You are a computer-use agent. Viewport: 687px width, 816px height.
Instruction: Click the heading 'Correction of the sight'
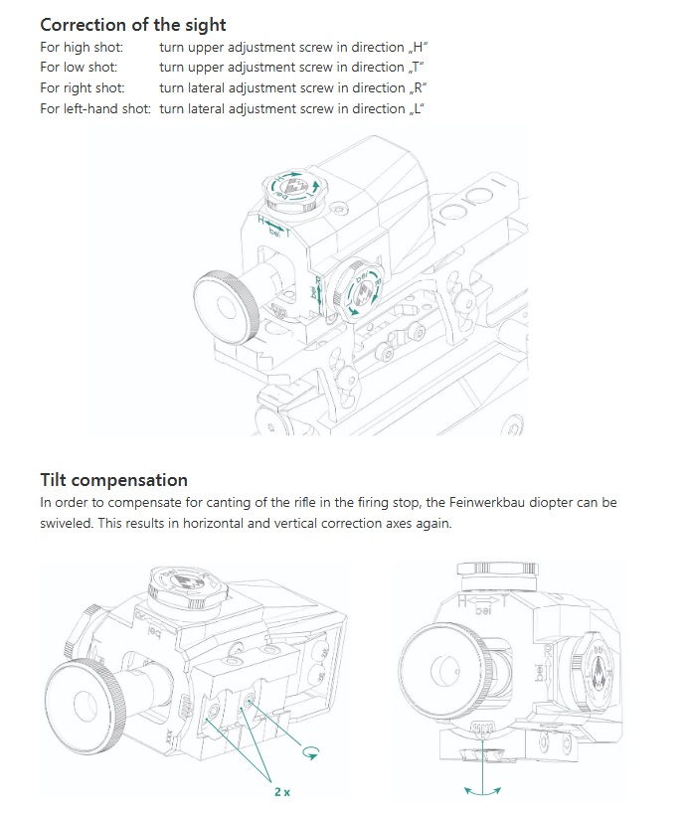pyautogui.click(x=133, y=24)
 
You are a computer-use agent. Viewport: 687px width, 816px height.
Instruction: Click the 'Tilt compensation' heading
pyautogui.click(x=113, y=481)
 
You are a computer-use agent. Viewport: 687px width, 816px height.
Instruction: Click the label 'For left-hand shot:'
pyautogui.click(x=95, y=108)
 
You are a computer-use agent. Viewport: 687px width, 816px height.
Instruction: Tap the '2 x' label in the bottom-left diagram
pyautogui.click(x=282, y=791)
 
